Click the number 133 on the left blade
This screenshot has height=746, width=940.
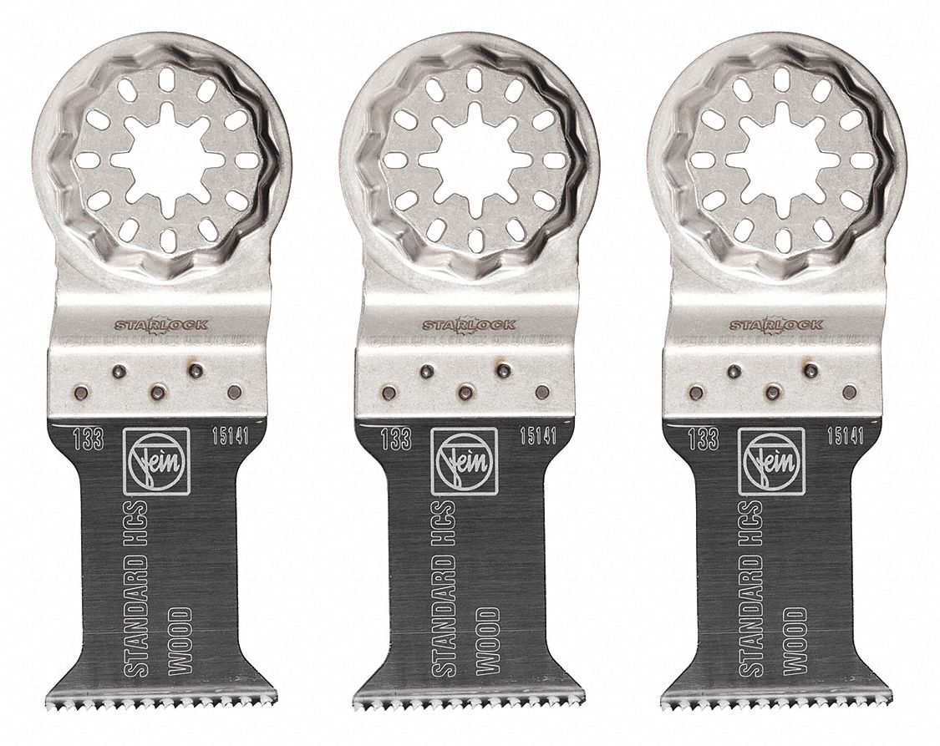tap(92, 439)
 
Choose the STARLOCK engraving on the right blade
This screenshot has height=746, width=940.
tap(777, 323)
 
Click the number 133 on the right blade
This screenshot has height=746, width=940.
tap(708, 439)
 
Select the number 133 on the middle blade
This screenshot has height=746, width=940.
tap(400, 439)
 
